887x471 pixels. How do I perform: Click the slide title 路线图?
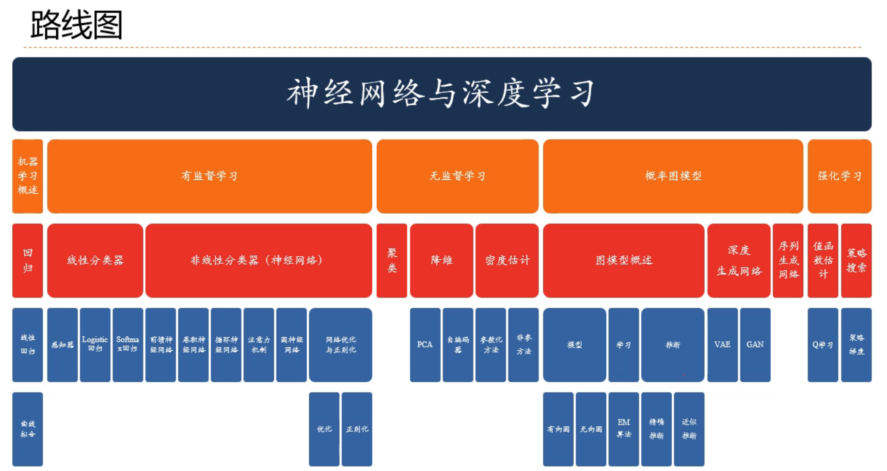(76, 25)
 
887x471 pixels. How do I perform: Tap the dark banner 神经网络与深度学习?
(442, 94)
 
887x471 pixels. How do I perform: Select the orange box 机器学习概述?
(28, 176)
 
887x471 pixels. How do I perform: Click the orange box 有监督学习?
(209, 176)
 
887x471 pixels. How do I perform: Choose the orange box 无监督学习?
(457, 176)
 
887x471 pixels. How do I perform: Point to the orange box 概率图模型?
(673, 176)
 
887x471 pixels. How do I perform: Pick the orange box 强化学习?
(839, 176)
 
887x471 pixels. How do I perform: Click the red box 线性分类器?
(95, 260)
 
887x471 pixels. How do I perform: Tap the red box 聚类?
(392, 260)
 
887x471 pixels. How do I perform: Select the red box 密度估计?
(507, 260)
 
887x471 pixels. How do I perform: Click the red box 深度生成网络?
(739, 260)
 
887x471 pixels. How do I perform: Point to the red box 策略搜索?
(856, 260)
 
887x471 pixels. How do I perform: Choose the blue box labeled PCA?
(425, 345)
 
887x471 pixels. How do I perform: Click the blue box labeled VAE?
(722, 345)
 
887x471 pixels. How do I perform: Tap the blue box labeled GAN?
(755, 345)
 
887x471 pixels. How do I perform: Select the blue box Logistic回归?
(95, 345)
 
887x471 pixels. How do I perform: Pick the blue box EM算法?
(623, 429)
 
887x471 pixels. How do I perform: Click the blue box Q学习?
(823, 345)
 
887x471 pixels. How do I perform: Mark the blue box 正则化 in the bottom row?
(357, 429)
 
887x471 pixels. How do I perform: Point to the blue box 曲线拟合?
(28, 429)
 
